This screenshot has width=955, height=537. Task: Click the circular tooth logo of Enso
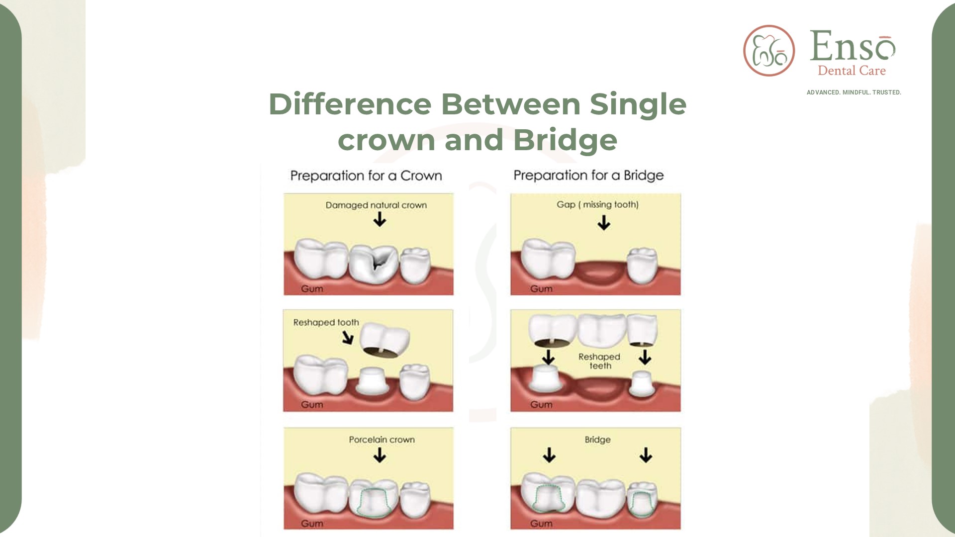point(769,51)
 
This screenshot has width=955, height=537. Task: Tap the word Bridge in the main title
point(565,141)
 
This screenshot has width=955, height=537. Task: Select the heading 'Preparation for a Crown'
point(366,176)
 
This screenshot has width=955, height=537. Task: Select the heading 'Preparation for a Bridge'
point(588,176)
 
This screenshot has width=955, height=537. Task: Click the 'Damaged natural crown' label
point(376,205)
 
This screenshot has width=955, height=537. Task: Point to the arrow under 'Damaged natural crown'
point(380,219)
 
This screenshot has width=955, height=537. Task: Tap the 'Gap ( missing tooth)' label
point(597,204)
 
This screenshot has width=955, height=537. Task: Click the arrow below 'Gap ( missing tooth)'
point(604,223)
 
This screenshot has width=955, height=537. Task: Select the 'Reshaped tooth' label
point(326,322)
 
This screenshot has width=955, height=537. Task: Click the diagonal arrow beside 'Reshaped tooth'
point(348,338)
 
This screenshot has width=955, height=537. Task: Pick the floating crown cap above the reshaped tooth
point(384,341)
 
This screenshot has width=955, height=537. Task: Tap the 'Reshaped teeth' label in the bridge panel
point(599,361)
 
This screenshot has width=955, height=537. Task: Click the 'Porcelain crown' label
point(382,440)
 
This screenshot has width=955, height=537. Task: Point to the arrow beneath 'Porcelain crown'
point(380,455)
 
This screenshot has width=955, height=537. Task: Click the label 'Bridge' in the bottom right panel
point(597,440)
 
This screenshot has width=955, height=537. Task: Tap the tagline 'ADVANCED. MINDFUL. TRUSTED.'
point(854,92)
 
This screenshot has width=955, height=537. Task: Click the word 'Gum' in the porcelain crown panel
point(312,524)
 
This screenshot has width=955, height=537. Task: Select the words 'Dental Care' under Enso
point(852,71)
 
